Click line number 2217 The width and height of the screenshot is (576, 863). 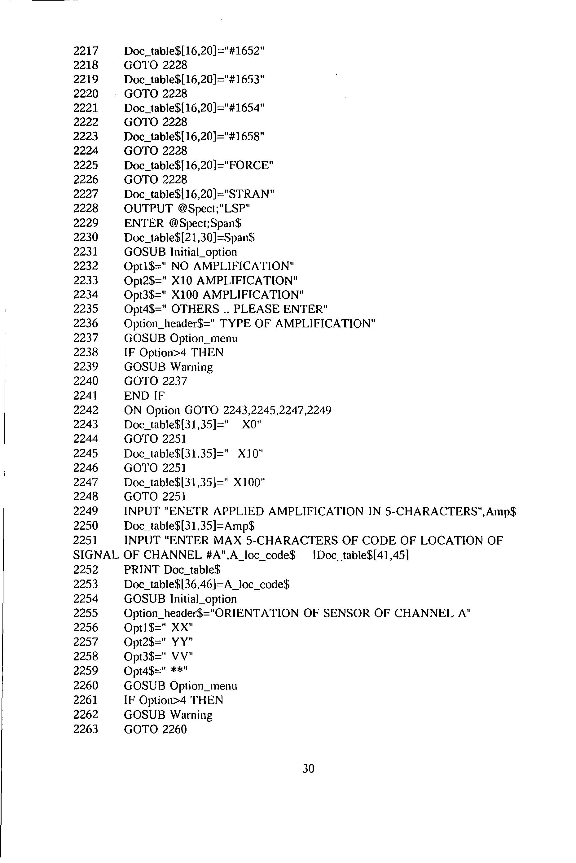pos(86,51)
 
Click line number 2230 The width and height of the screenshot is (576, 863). pos(86,237)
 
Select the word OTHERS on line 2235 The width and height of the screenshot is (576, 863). pos(195,309)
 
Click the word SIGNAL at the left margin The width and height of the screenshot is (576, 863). pos(95,555)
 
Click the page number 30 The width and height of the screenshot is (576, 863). pos(308,769)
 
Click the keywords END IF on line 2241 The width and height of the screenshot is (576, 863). pos(144,396)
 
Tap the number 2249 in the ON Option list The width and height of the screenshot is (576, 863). pos(319,410)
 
